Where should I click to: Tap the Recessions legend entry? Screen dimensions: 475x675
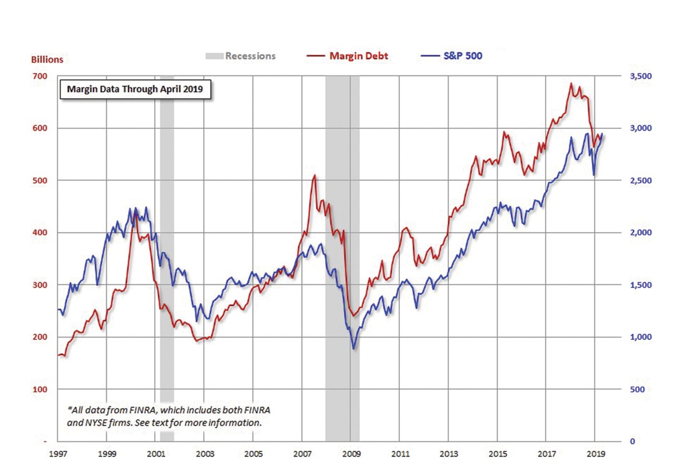pos(240,56)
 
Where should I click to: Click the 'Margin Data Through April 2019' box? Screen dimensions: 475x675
pos(135,89)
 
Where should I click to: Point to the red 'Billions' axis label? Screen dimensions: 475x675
pos(47,59)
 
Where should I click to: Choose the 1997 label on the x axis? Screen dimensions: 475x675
pos(58,453)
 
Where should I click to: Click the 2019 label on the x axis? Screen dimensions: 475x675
pos(595,453)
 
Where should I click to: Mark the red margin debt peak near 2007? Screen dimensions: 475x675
pos(314,176)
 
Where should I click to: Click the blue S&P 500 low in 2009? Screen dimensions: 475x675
pos(353,348)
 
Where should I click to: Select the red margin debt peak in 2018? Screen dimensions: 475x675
pos(571,84)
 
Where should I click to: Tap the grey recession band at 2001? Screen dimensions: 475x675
pos(167,253)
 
